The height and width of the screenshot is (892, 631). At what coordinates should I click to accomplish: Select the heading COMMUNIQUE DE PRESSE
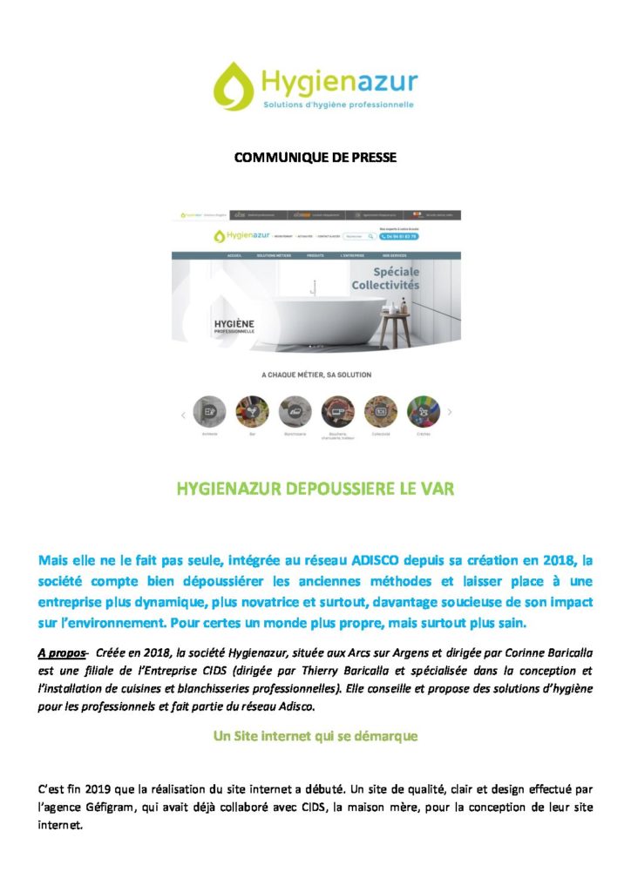coord(315,158)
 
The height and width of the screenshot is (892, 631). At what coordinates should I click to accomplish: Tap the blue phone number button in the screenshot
coord(399,236)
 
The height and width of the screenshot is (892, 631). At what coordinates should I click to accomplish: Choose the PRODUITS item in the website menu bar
coord(315,256)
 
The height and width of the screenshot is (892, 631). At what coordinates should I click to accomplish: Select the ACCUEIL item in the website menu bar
coord(234,256)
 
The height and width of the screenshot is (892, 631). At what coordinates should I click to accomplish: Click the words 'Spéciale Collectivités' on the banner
coord(385,279)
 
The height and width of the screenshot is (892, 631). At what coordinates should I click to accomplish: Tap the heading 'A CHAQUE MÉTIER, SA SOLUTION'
coord(315,375)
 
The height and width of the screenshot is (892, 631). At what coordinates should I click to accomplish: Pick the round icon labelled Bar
coord(252,410)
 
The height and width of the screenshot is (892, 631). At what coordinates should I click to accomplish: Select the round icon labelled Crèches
coord(423,410)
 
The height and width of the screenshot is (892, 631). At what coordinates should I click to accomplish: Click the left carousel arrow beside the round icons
coord(183,414)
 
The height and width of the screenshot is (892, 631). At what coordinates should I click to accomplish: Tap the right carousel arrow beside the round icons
coord(450,411)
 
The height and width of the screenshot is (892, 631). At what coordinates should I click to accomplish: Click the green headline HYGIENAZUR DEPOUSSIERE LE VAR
coord(315,490)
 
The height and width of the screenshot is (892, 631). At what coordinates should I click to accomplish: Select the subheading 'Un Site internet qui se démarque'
coord(315,736)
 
